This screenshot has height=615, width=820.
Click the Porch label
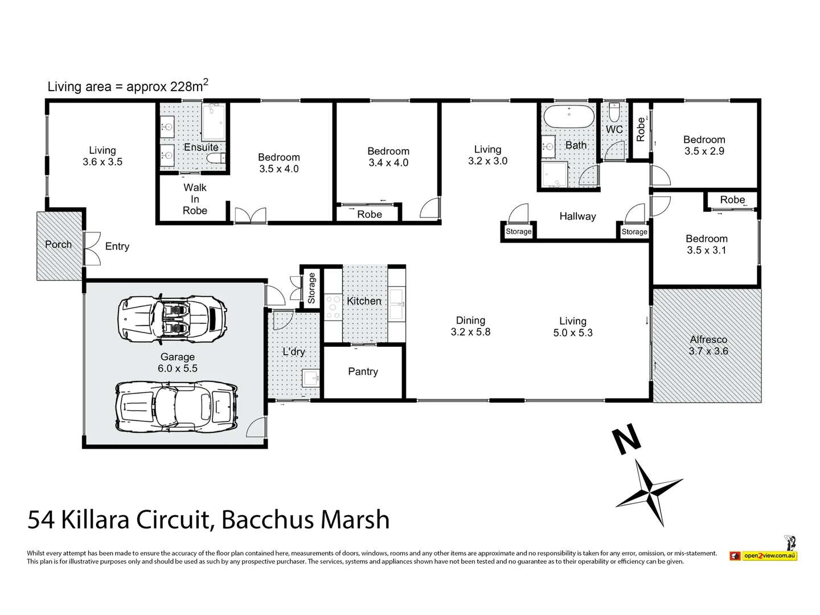[x=58, y=244]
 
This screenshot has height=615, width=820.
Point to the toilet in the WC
[x=614, y=113]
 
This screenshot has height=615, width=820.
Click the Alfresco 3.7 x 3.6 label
[x=708, y=345]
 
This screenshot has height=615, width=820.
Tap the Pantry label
[x=363, y=371]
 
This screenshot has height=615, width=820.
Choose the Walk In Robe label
[x=195, y=199]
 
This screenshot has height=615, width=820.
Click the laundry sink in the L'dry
[x=310, y=378]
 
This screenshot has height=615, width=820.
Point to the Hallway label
[x=577, y=216]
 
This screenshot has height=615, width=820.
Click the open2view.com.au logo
[x=763, y=554]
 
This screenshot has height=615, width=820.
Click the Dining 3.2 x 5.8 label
[x=470, y=326]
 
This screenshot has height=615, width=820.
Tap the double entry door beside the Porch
[x=91, y=249]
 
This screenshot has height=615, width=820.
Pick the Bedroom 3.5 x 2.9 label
[x=704, y=145]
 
